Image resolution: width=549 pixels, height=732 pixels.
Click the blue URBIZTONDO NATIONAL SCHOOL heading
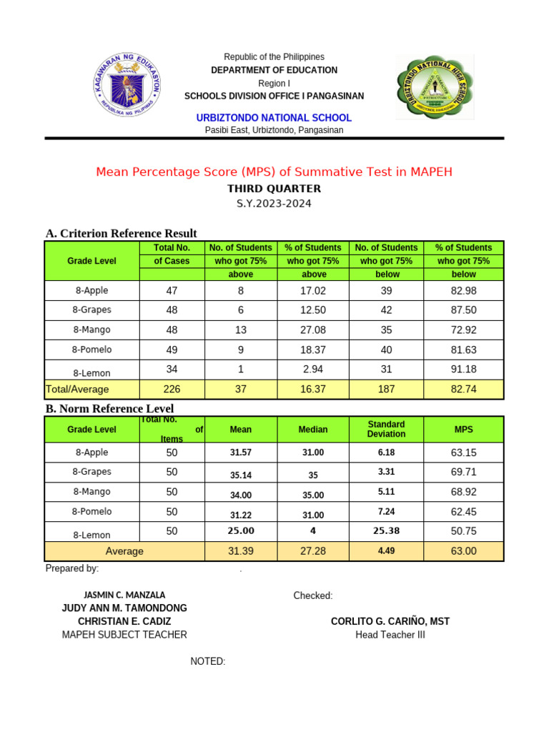(274, 117)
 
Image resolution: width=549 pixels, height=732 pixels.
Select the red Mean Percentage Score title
(274, 172)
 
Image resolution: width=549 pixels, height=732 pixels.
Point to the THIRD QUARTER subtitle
(274, 189)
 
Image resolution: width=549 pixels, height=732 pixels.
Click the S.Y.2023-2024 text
(274, 204)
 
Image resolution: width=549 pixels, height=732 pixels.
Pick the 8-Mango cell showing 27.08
(314, 330)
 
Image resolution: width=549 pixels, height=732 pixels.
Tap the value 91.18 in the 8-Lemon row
(464, 370)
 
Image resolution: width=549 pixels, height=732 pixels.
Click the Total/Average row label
(77, 390)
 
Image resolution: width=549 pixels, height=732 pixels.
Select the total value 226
(172, 390)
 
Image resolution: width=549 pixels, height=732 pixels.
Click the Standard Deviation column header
(386, 429)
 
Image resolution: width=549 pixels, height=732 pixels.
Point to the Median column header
(313, 430)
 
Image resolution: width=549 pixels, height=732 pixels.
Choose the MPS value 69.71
(464, 473)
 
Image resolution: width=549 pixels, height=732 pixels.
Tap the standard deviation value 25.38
(386, 531)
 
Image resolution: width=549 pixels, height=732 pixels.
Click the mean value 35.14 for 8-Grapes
(241, 475)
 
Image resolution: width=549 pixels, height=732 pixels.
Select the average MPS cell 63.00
(464, 551)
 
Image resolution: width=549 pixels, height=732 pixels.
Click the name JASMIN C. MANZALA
(124, 595)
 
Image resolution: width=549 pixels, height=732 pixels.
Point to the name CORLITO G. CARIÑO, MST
(390, 621)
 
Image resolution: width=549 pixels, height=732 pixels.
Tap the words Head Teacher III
(390, 635)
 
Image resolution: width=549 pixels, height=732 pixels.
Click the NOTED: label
(208, 661)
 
